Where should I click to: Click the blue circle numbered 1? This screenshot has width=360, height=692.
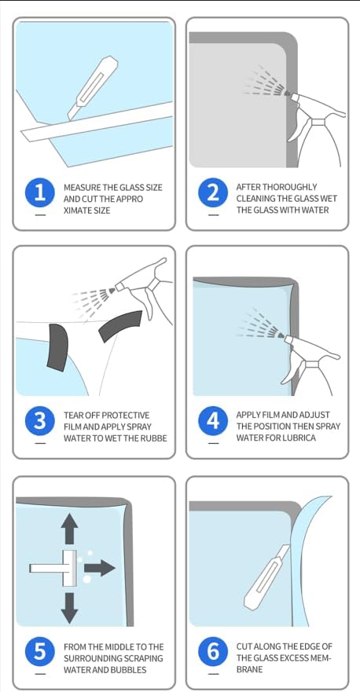pyautogui.click(x=40, y=193)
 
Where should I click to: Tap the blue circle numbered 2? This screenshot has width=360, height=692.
pyautogui.click(x=213, y=193)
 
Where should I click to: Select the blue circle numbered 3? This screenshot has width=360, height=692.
pyautogui.click(x=40, y=421)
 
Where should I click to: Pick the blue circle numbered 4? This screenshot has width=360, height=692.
pyautogui.click(x=213, y=421)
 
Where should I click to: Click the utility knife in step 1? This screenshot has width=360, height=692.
pyautogui.click(x=92, y=88)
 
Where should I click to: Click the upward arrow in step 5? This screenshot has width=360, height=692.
pyautogui.click(x=69, y=529)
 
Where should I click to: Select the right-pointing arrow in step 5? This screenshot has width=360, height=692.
pyautogui.click(x=100, y=568)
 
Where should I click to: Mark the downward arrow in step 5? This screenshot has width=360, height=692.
pyautogui.click(x=69, y=608)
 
